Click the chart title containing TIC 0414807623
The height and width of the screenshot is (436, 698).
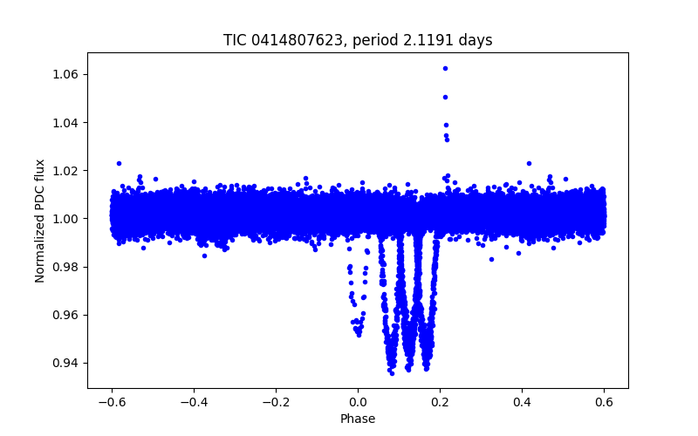click(x=358, y=40)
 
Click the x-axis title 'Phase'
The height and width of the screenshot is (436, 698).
click(x=358, y=419)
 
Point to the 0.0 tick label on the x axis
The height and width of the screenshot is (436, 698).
click(x=358, y=402)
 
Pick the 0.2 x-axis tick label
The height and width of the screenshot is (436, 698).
click(x=440, y=402)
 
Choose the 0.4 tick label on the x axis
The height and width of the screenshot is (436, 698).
click(x=522, y=402)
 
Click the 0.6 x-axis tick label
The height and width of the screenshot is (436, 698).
click(x=604, y=402)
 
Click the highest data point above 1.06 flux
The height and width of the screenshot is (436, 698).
click(x=445, y=68)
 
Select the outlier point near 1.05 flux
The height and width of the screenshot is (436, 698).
click(x=445, y=97)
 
